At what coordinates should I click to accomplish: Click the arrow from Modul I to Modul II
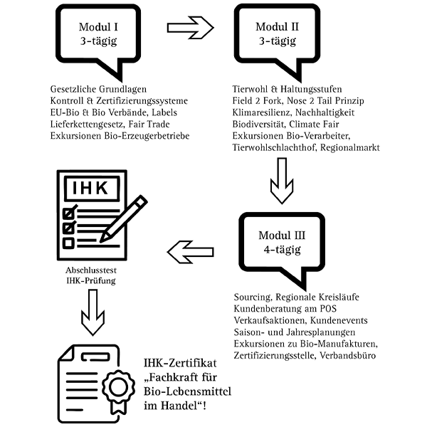[193, 29]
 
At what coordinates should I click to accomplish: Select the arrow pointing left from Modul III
[190, 250]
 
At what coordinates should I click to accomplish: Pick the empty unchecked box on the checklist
[69, 243]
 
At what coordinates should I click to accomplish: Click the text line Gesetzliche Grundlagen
[99, 89]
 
